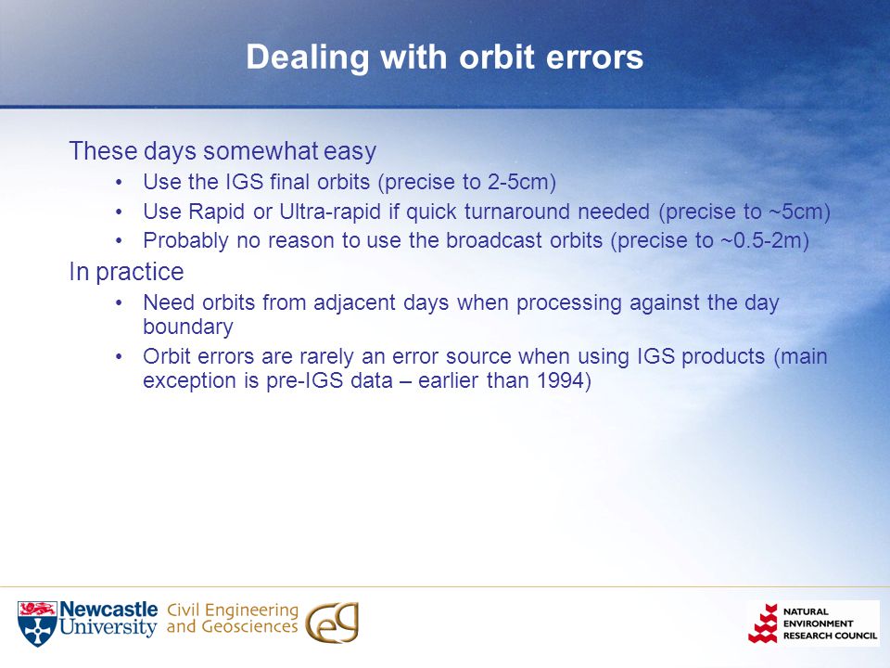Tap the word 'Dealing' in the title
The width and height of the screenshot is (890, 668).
coord(308,58)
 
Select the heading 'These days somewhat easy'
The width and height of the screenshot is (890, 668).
coord(222,151)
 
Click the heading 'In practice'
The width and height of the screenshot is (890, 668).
coord(127,272)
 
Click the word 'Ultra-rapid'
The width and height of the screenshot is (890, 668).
coord(330,212)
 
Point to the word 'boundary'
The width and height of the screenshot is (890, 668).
coord(188,327)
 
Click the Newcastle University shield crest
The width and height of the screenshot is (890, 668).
coord(37,623)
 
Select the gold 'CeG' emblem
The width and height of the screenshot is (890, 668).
coord(332,623)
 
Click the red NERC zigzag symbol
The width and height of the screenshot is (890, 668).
coord(763,623)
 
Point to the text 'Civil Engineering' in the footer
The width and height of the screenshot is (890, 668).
coord(233,610)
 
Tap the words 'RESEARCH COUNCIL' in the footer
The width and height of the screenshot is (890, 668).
coord(830,636)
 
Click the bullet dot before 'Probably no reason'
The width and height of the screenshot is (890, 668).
coord(119,241)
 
